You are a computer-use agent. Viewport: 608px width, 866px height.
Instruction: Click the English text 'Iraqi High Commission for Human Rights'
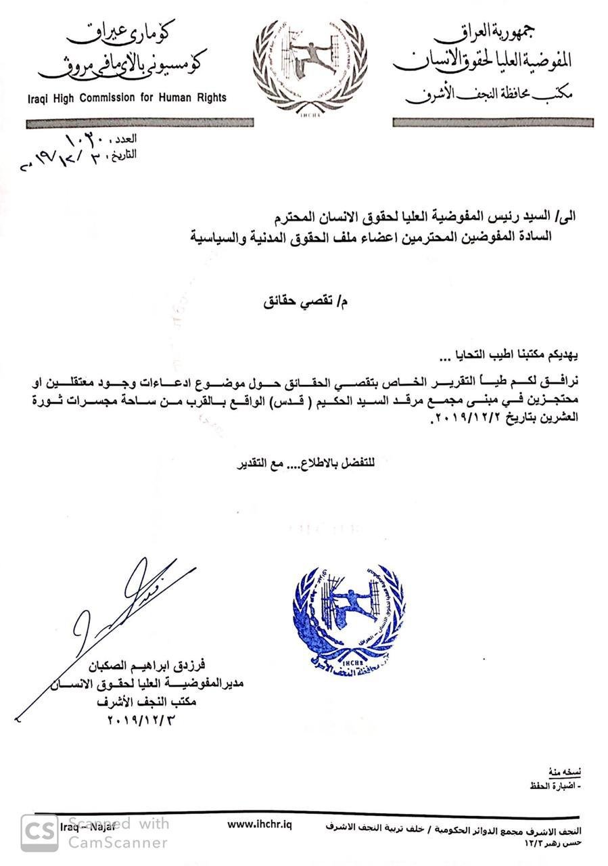tap(127, 97)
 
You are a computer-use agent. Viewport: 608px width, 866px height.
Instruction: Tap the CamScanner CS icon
tap(39, 832)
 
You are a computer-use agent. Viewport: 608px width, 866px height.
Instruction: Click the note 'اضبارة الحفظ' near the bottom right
tap(556, 786)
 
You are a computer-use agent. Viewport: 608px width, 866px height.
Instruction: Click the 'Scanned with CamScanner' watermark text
tap(118, 833)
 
